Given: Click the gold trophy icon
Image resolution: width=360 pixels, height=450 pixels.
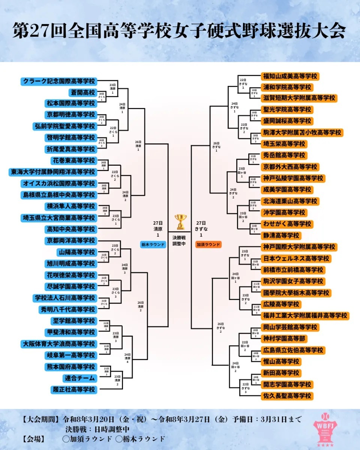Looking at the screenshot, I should click(180, 222).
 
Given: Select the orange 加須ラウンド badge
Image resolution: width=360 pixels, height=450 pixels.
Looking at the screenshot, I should click(208, 244).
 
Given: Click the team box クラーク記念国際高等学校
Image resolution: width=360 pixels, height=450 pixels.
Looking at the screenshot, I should click(59, 81).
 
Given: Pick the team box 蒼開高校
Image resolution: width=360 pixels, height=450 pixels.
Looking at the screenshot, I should click(82, 92).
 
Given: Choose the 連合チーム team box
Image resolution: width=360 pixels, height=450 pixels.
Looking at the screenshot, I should click(79, 378).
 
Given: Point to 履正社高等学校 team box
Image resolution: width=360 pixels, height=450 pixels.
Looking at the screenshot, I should click(74, 390).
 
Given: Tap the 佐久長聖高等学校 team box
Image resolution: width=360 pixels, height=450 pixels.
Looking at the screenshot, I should click(286, 396).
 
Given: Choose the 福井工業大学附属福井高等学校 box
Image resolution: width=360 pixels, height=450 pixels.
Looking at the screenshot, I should click(304, 315).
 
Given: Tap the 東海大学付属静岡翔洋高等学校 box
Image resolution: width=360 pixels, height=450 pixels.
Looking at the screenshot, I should click(52, 172).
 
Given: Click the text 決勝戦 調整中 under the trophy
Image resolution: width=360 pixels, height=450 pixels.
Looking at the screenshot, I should click(180, 240).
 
